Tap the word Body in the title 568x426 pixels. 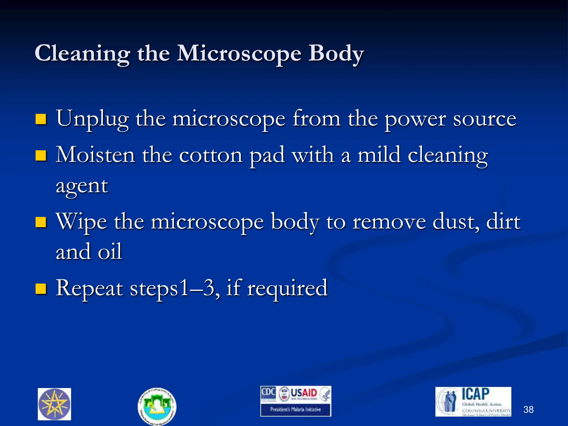pos(336,54)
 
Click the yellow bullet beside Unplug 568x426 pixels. pos(41,119)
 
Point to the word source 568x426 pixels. pos(485,119)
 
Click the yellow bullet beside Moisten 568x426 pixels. pos(41,156)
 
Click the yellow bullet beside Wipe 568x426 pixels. pos(41,222)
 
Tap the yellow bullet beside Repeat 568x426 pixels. pos(41,288)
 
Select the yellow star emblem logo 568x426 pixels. pos(54,404)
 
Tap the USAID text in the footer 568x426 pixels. pos(304,393)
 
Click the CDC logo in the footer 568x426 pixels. pos(268,393)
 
